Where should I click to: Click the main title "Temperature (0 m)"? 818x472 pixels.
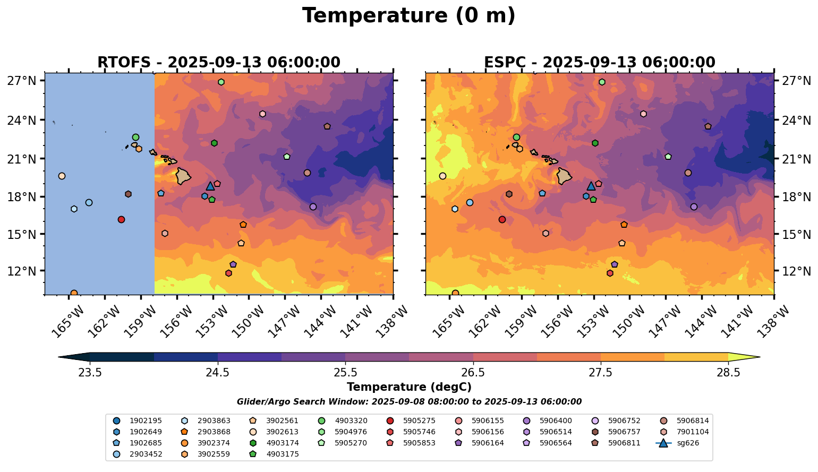[408, 16]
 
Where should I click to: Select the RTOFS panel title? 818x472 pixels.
[218, 63]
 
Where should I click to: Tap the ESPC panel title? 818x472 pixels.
[599, 63]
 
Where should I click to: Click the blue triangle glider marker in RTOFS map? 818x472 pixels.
[210, 186]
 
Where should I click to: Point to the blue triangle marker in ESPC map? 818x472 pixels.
[591, 186]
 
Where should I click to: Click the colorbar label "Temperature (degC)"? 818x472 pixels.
[408, 387]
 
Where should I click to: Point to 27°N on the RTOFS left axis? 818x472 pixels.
[22, 81]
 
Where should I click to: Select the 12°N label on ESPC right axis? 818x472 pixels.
[796, 271]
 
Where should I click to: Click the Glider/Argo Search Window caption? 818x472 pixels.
[408, 402]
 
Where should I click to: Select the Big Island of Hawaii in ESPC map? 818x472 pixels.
[565, 176]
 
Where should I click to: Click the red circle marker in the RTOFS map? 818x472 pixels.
[121, 219]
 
